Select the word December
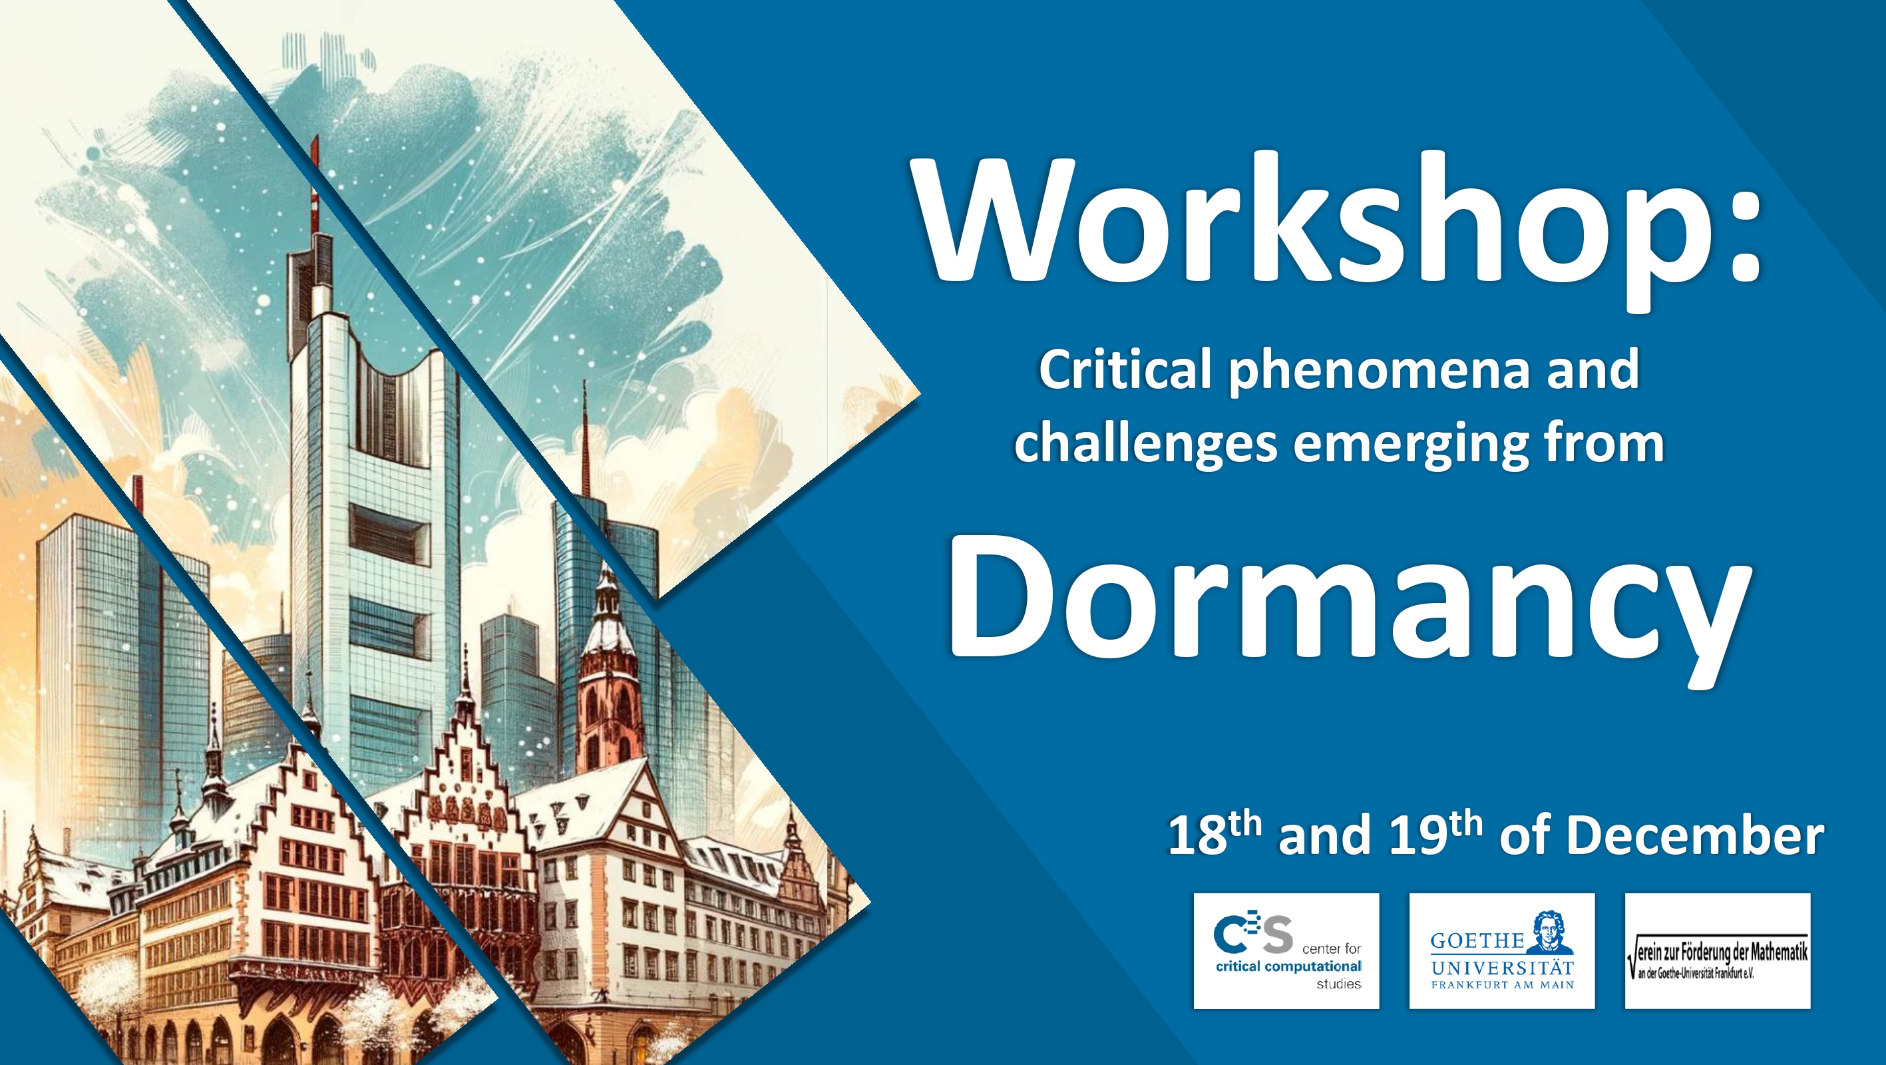coord(1696,835)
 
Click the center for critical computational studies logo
coord(1286,951)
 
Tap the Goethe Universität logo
coord(1501,951)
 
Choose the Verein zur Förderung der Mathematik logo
coord(1718,951)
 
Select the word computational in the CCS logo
coord(1314,967)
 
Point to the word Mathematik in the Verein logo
coord(1779,953)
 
